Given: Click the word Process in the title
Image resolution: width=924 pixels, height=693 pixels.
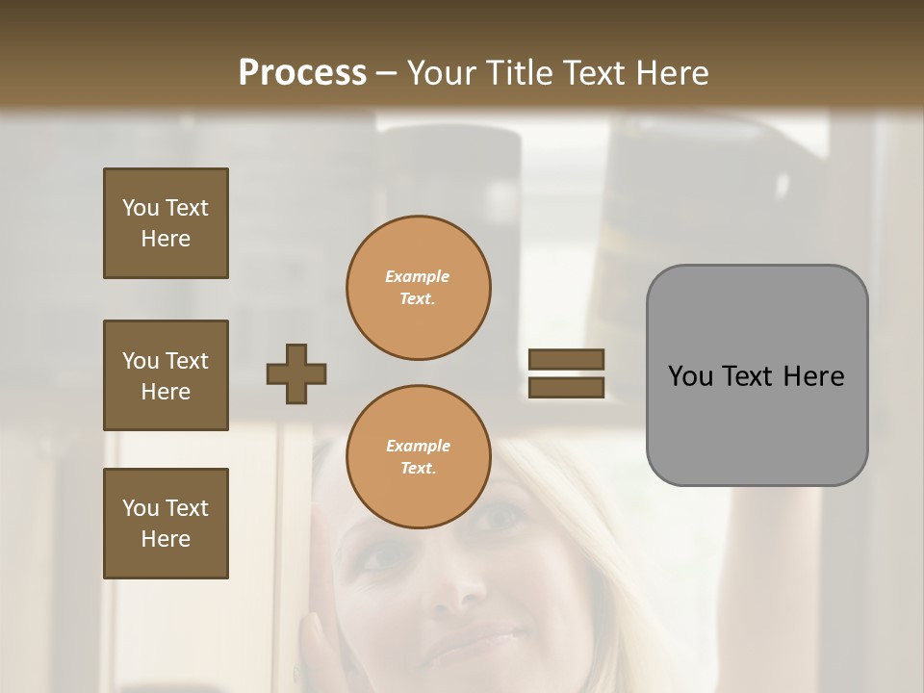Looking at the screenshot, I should click(x=302, y=73).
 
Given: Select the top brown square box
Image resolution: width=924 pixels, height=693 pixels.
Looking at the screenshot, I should click(x=166, y=223).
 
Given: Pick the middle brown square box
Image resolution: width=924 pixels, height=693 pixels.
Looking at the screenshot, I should click(x=166, y=375).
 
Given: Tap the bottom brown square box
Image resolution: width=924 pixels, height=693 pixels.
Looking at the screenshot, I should click(x=166, y=524).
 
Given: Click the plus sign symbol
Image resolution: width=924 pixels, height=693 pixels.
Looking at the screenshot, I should click(x=296, y=373).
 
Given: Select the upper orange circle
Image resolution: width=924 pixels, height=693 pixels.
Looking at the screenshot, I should click(x=418, y=288).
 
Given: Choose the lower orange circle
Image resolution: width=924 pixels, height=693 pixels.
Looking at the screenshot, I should click(x=418, y=457).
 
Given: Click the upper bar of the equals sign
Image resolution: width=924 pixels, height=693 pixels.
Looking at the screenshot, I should click(x=566, y=359).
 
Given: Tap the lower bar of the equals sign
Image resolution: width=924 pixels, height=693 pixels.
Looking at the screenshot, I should click(x=566, y=387).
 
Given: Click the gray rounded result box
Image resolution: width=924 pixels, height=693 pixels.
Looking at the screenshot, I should click(x=757, y=375).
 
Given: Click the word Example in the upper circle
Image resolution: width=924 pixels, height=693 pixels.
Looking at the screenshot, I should click(x=418, y=276).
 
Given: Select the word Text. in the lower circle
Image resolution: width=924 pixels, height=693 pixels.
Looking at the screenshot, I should click(x=418, y=469).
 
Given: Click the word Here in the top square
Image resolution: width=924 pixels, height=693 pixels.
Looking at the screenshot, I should click(x=166, y=239).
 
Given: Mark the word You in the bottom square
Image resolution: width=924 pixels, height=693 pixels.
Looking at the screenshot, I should click(x=140, y=507).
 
